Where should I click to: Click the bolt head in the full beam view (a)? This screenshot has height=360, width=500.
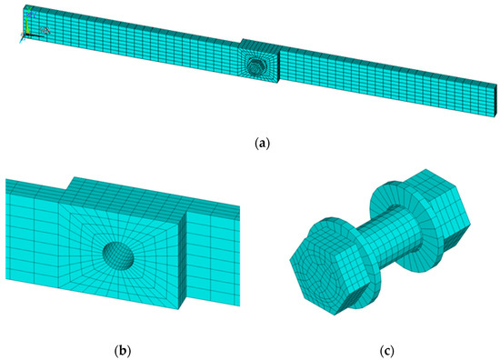(258, 66)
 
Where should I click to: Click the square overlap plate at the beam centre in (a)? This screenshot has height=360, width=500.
(259, 68)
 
